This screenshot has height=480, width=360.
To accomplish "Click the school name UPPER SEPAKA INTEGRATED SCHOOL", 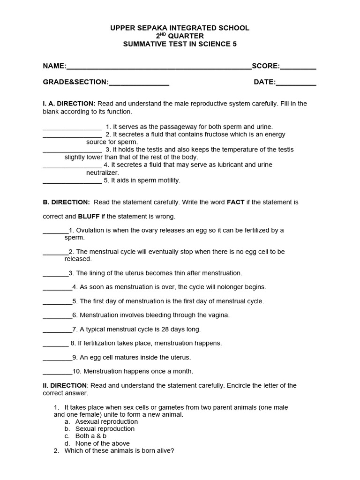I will [180, 28].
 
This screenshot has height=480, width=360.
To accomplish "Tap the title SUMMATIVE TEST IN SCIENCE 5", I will [180, 45].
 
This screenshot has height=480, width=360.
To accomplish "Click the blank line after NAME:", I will [159, 67].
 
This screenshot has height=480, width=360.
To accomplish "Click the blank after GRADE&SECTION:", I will [139, 83].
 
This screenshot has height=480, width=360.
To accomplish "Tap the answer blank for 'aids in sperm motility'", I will [72, 181].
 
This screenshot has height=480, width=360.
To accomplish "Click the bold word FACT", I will [235, 202].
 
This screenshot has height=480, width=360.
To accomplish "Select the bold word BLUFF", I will [88, 217].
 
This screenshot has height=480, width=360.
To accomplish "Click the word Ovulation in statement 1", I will [91, 230].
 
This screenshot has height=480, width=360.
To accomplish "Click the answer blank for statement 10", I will [57, 372].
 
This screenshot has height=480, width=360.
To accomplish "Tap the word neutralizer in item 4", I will [102, 172].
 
